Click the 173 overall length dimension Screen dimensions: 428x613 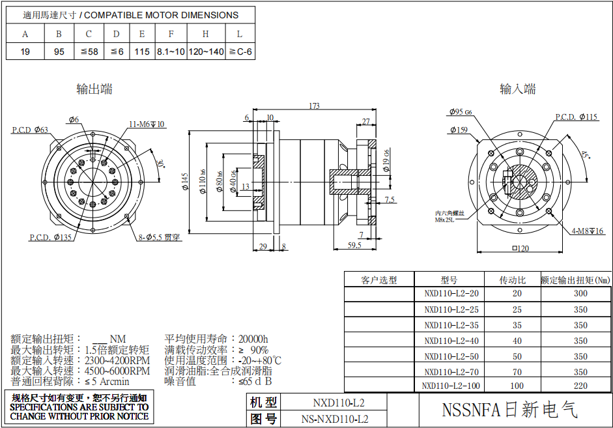(x=314, y=106)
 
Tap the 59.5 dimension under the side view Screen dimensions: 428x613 (x=354, y=246)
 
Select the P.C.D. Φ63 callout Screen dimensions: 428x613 (x=30, y=130)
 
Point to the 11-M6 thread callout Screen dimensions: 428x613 (x=147, y=124)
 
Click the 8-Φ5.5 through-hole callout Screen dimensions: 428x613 (x=159, y=238)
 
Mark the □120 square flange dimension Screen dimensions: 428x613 (x=520, y=248)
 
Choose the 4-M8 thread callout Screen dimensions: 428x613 (x=588, y=231)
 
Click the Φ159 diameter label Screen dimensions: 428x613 (x=459, y=130)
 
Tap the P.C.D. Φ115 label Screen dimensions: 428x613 (x=576, y=117)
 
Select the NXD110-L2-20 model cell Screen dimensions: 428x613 (x=451, y=294)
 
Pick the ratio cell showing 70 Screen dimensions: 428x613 (x=517, y=372)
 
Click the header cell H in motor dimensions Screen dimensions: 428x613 (x=206, y=34)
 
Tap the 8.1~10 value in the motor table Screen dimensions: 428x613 (x=171, y=51)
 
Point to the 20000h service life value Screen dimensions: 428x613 (x=253, y=339)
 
